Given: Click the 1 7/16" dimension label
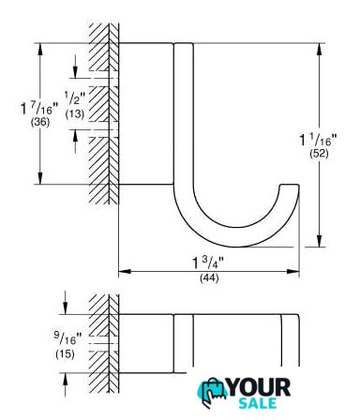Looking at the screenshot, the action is [39, 108].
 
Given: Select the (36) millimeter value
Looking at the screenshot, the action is [40, 122].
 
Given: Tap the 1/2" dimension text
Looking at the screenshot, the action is [75, 97].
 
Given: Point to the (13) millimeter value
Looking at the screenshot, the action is [75, 113].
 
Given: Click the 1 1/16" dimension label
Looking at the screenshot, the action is [319, 140].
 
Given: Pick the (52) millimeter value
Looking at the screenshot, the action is [319, 153].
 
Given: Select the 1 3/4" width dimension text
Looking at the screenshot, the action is [208, 262].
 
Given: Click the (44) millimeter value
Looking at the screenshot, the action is [209, 277].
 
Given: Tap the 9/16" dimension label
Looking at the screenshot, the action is [67, 338].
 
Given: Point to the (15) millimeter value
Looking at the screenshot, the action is [65, 354].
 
